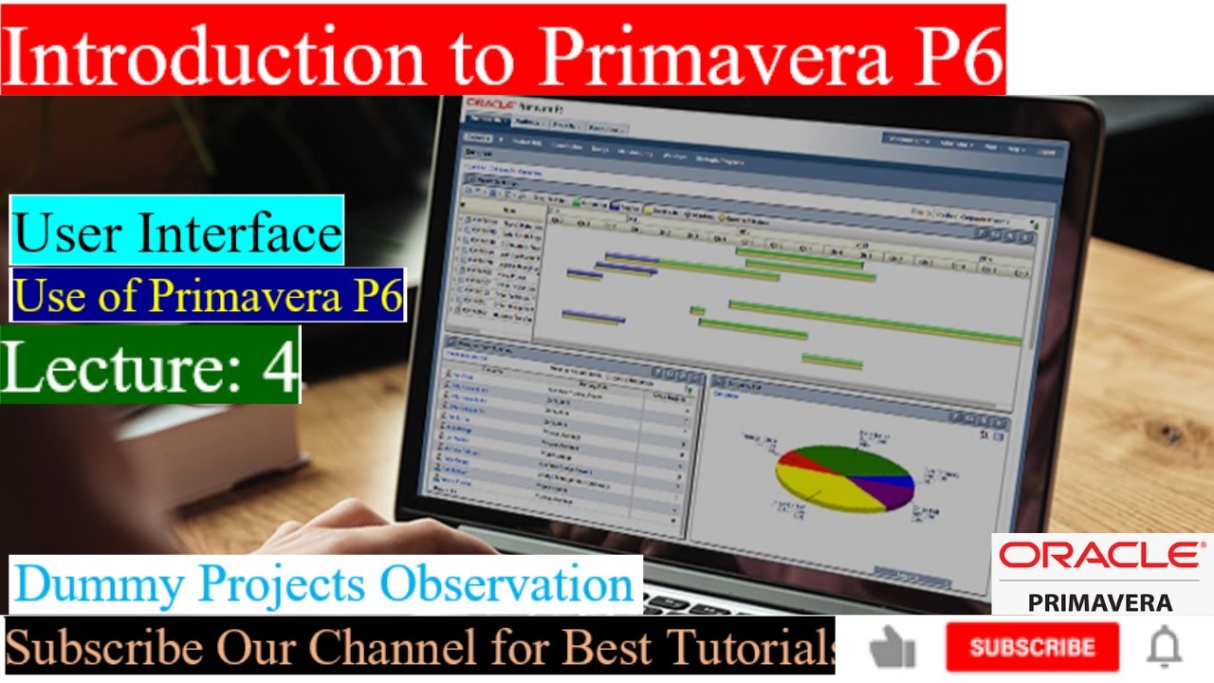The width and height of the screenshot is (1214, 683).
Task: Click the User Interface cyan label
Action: (177, 231)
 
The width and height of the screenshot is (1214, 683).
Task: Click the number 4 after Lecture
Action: (281, 365)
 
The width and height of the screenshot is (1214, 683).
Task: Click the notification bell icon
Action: (1164, 648)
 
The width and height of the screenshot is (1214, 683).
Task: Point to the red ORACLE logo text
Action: (1099, 556)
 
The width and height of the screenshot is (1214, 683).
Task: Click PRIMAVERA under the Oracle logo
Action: (1099, 602)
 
